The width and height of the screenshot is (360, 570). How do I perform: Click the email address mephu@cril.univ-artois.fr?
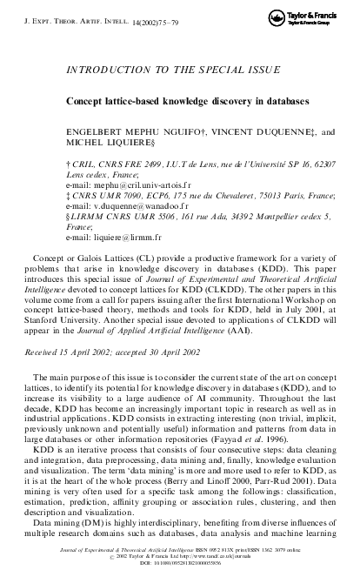click(x=118, y=187)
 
